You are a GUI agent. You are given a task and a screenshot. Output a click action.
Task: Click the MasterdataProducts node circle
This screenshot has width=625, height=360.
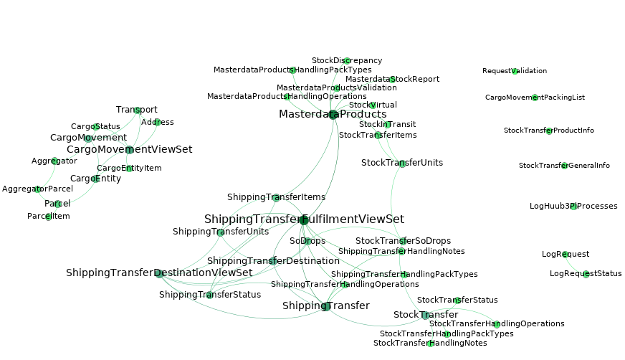pos(333,114)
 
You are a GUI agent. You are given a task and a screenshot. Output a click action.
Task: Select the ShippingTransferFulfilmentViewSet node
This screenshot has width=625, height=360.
pos(304,219)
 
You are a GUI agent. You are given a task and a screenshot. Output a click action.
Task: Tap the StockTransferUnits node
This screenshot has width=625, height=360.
pos(402,164)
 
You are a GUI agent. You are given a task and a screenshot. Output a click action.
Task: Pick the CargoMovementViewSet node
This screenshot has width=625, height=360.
pos(129,150)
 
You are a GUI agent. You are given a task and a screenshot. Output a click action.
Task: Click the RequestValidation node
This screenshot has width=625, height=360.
pos(515,71)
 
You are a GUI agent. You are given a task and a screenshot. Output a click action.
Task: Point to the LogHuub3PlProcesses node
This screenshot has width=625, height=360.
pos(573,207)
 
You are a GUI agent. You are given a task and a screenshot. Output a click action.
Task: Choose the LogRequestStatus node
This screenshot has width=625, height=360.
pos(586,274)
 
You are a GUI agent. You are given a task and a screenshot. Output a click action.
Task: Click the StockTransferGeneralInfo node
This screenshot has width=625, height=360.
pos(564,166)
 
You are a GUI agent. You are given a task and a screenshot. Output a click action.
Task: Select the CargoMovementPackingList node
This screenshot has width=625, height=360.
pos(535,97)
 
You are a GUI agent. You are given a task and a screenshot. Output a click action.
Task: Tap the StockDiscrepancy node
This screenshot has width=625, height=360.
pos(347,61)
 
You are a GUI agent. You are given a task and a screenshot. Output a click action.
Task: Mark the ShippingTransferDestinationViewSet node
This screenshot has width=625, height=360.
pos(159,273)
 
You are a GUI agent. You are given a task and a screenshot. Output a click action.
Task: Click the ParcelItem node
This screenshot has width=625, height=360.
pos(49,217)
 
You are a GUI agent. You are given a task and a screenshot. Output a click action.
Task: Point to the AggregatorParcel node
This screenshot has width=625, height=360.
pos(37,189)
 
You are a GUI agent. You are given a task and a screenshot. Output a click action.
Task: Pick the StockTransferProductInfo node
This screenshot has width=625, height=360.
pos(549,131)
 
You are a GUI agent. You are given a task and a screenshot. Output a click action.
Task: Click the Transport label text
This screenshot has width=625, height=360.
pos(136,110)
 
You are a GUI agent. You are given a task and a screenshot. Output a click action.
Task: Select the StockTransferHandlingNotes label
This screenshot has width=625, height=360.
pos(430,344)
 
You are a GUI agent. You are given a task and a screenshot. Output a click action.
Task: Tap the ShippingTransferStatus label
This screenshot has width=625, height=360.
pos(209,295)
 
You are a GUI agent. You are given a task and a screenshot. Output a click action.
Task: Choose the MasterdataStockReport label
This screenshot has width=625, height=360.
pos(392,79)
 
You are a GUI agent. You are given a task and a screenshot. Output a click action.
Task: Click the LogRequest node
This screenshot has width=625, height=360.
pos(566,255)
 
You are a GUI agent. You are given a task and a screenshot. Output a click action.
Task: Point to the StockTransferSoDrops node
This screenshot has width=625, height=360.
pos(404,241)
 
